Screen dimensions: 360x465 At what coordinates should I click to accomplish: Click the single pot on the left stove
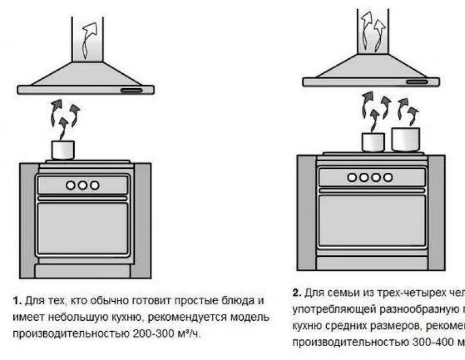pyautogui.click(x=63, y=150)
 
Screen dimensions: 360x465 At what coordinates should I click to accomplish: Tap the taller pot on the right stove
pyautogui.click(x=406, y=139)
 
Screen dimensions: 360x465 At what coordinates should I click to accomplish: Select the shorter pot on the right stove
pyautogui.click(x=373, y=142)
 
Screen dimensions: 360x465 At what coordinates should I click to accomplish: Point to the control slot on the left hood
pyautogui.click(x=131, y=90)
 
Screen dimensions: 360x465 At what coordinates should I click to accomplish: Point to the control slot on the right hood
pyautogui.click(x=417, y=82)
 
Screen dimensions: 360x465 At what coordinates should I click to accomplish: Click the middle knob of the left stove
pyautogui.click(x=82, y=185)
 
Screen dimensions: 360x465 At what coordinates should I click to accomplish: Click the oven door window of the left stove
pyautogui.click(x=82, y=228)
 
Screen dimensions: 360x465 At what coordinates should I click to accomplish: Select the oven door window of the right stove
pyautogui.click(x=372, y=221)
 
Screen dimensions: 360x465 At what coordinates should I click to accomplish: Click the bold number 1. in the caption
pyautogui.click(x=17, y=301)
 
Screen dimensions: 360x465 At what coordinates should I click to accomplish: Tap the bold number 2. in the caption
pyautogui.click(x=297, y=292)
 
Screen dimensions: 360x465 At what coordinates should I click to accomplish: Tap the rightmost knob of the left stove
pyautogui.click(x=94, y=185)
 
